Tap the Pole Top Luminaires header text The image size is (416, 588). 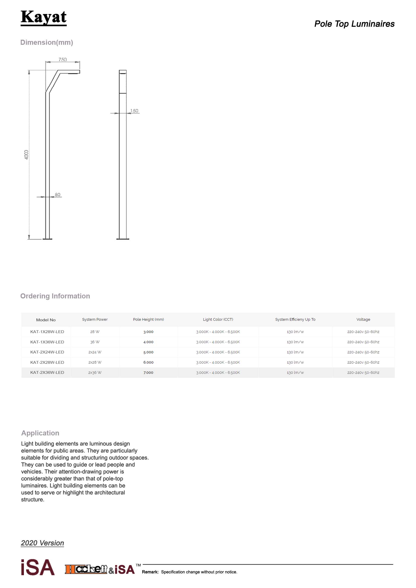(x=354, y=24)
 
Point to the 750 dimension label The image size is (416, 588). (x=63, y=60)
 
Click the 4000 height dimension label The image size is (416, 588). (x=26, y=155)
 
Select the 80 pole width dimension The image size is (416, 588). (x=58, y=195)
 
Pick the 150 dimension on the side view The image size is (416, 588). (x=134, y=111)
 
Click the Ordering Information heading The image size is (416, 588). (x=55, y=296)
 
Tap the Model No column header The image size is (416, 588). (x=46, y=320)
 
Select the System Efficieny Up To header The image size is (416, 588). (x=295, y=319)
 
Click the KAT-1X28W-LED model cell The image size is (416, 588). (x=47, y=332)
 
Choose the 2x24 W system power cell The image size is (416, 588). (x=95, y=352)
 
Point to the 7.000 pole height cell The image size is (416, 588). (x=148, y=373)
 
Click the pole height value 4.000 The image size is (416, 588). (x=148, y=342)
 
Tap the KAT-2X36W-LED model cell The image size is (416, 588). (x=47, y=372)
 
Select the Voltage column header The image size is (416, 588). (x=363, y=319)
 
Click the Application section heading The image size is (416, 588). (x=40, y=433)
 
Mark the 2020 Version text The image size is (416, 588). (x=43, y=543)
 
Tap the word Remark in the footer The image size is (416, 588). (x=150, y=572)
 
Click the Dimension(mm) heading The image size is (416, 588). (x=47, y=42)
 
